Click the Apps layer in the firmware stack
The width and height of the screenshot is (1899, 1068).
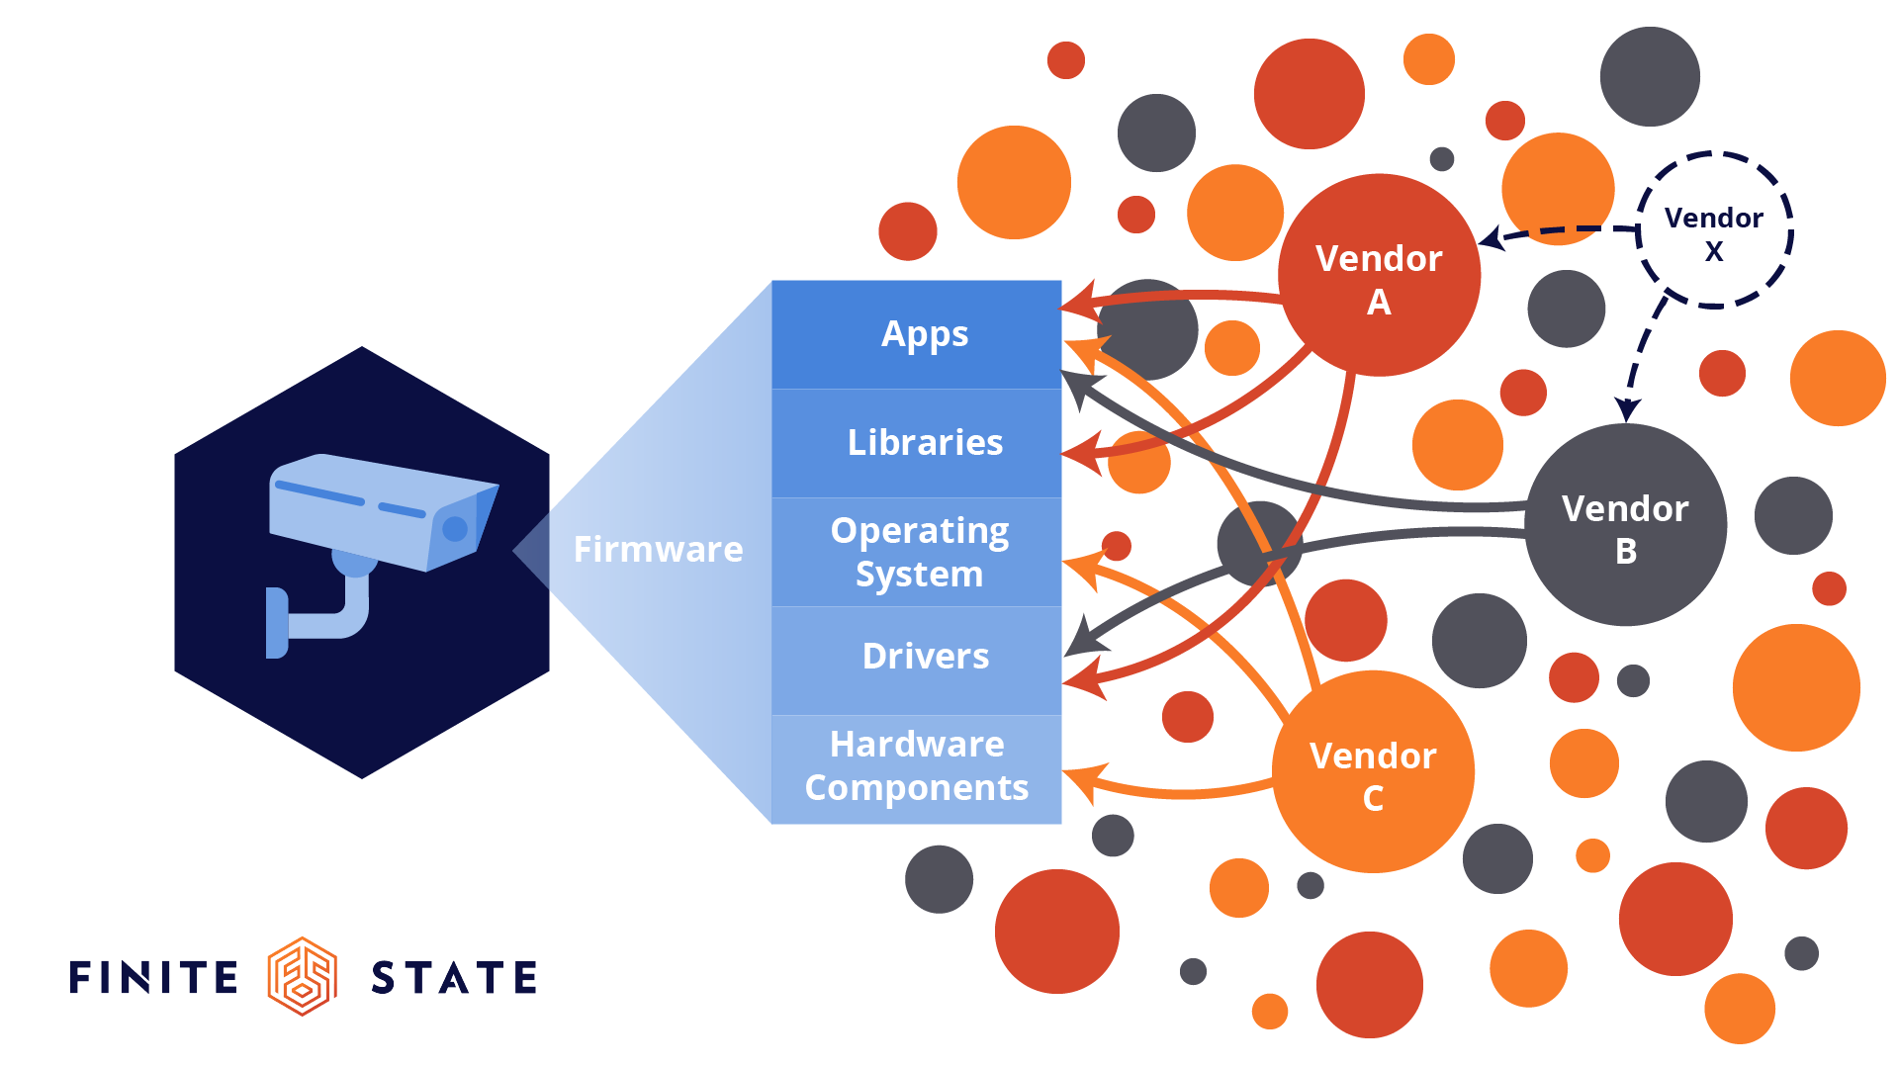pyautogui.click(x=916, y=334)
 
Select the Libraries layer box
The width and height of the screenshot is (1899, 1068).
pyautogui.click(x=916, y=443)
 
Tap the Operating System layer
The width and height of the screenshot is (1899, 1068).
pyautogui.click(x=916, y=552)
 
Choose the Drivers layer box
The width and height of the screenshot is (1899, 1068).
pyautogui.click(x=916, y=657)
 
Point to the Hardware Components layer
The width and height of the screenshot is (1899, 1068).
pyautogui.click(x=916, y=766)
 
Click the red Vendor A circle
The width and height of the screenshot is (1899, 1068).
pyautogui.click(x=1379, y=275)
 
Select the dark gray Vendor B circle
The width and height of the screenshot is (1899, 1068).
pyautogui.click(x=1625, y=525)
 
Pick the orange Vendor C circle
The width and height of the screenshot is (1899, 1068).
pyautogui.click(x=1373, y=772)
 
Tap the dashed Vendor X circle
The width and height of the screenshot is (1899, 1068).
pyautogui.click(x=1714, y=230)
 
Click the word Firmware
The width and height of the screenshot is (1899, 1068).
pyautogui.click(x=658, y=550)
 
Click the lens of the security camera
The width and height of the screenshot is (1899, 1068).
pyautogui.click(x=455, y=529)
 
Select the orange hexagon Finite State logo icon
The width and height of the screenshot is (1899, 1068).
pyautogui.click(x=303, y=976)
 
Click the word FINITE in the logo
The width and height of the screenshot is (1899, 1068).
pyautogui.click(x=154, y=977)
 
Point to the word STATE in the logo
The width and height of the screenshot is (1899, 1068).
pyautogui.click(x=454, y=977)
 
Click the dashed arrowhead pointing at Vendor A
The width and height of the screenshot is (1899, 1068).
pyautogui.click(x=1492, y=238)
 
